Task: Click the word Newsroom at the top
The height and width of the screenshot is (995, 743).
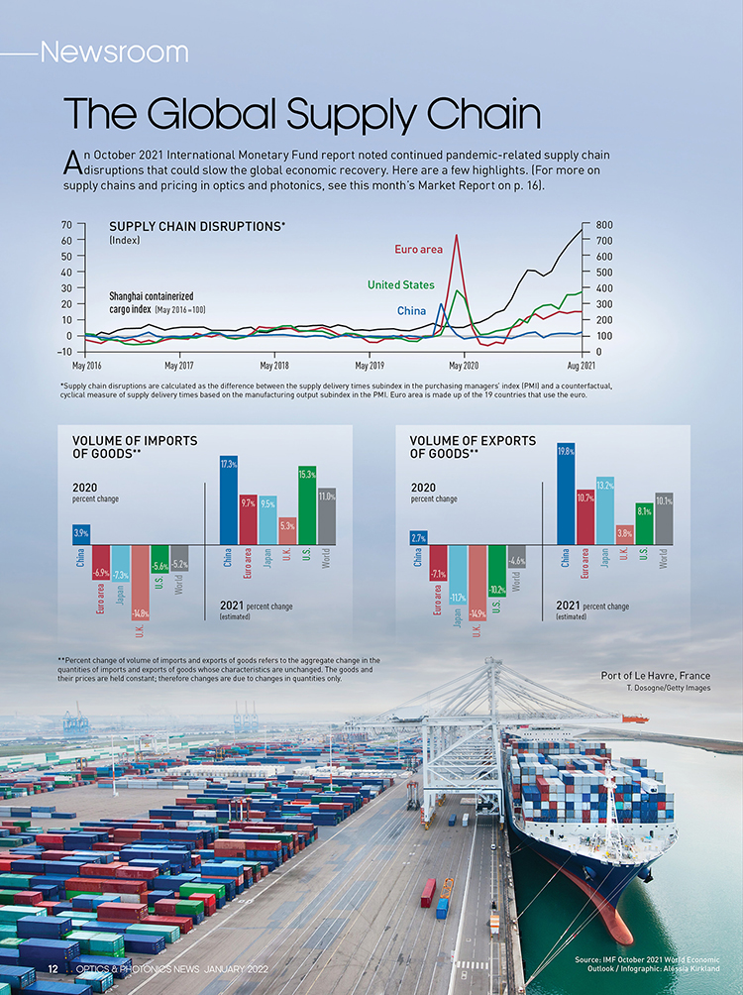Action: click(x=114, y=52)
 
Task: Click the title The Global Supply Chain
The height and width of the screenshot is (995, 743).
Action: click(x=302, y=115)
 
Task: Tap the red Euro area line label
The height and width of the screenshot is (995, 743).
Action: click(x=418, y=250)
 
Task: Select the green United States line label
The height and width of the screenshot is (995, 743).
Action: click(x=400, y=285)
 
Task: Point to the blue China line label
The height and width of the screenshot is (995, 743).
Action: click(x=411, y=311)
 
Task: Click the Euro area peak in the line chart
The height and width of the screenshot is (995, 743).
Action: click(x=456, y=237)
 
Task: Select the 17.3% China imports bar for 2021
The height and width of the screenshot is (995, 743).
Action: click(x=228, y=500)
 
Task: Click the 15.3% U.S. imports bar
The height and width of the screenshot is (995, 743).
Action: click(x=306, y=505)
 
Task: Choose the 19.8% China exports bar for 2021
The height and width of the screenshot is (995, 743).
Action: click(x=566, y=495)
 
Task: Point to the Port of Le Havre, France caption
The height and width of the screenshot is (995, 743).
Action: click(x=655, y=676)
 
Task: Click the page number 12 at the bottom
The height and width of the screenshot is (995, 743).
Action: click(x=41, y=967)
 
